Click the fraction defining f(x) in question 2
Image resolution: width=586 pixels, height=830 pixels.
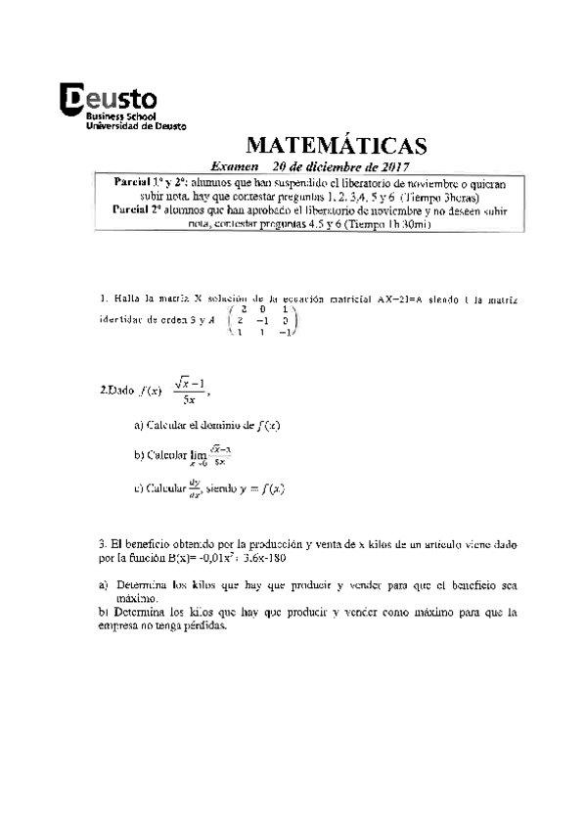[178, 389]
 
